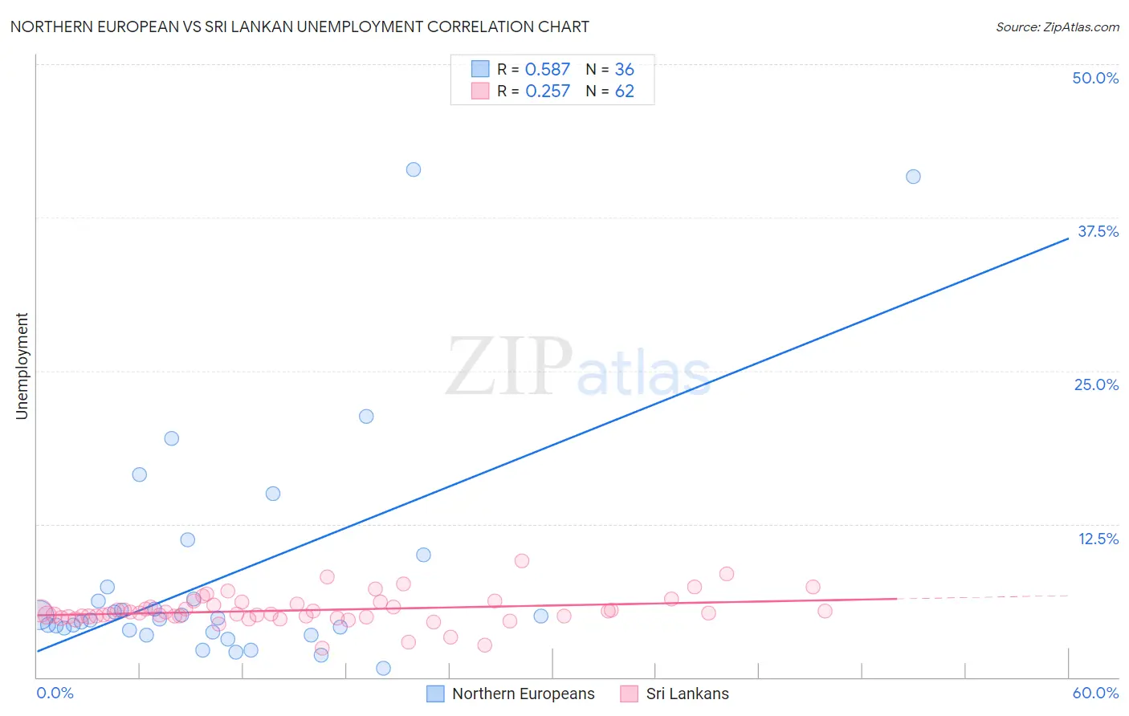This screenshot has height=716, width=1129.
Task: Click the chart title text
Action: click(x=300, y=26)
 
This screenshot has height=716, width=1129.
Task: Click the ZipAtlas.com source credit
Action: click(x=1057, y=26)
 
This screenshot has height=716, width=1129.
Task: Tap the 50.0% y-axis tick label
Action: click(x=1095, y=78)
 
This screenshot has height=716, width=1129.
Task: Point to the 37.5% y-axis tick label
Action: click(x=1098, y=231)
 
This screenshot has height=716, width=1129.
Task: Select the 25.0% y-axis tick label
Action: click(x=1096, y=384)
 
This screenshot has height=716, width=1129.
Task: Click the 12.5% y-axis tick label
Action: click(x=1098, y=539)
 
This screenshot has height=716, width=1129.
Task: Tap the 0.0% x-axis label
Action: click(x=55, y=693)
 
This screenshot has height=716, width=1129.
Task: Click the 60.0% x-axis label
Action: click(x=1095, y=693)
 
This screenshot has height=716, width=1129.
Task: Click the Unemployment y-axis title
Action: click(x=22, y=366)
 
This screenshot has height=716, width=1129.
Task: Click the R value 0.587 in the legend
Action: click(x=547, y=70)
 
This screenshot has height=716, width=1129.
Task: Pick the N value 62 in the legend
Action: click(x=624, y=92)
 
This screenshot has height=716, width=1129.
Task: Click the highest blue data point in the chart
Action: click(x=414, y=169)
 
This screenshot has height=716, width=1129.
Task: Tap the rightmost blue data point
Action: click(x=913, y=177)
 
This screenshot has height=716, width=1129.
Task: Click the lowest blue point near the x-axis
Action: click(x=383, y=669)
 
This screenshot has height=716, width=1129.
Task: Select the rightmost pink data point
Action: click(x=825, y=611)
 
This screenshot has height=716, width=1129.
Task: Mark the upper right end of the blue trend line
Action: click(x=1068, y=238)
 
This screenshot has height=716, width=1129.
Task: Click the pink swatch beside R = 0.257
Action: click(x=480, y=92)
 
